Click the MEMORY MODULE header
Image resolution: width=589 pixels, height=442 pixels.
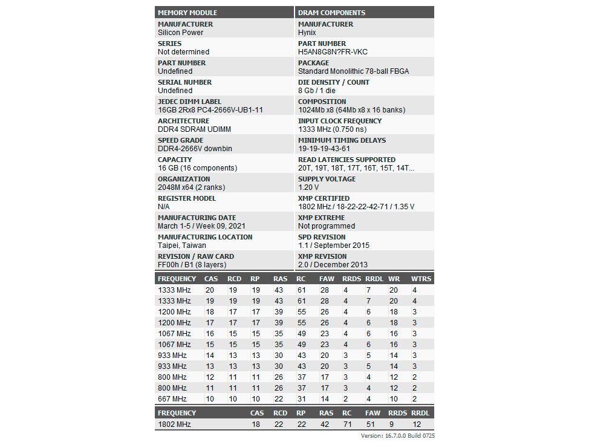pyautogui.click(x=187, y=13)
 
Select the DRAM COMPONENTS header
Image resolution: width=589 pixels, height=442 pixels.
pyautogui.click(x=331, y=13)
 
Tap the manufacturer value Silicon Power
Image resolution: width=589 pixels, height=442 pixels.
pyautogui.click(x=180, y=33)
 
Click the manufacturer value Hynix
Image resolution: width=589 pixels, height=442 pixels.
pyautogui.click(x=307, y=33)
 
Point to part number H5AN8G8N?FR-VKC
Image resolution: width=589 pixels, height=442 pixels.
pyautogui.click(x=333, y=52)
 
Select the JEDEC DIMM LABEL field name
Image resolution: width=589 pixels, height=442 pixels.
pyautogui.click(x=189, y=102)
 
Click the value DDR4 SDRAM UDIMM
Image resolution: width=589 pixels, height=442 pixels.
pyautogui.click(x=194, y=129)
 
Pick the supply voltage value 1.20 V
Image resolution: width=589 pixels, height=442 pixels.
pyautogui.click(x=308, y=187)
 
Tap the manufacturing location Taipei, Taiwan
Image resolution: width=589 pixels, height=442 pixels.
pyautogui.click(x=181, y=245)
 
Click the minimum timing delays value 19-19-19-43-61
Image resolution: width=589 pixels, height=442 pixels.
pyautogui.click(x=324, y=149)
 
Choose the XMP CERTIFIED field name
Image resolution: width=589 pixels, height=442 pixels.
pyautogui.click(x=324, y=198)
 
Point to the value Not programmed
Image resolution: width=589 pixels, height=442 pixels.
pyautogui.click(x=326, y=226)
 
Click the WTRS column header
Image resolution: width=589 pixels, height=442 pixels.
pyautogui.click(x=421, y=279)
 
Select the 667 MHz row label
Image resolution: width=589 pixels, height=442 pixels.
pyautogui.click(x=172, y=399)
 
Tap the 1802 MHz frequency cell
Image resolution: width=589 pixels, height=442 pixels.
pyautogui.click(x=174, y=424)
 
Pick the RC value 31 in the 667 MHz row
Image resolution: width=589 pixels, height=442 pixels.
pyautogui.click(x=301, y=399)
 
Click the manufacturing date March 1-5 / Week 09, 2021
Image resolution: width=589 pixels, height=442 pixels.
pyautogui.click(x=201, y=226)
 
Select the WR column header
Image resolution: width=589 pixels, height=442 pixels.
pyautogui.click(x=394, y=279)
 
